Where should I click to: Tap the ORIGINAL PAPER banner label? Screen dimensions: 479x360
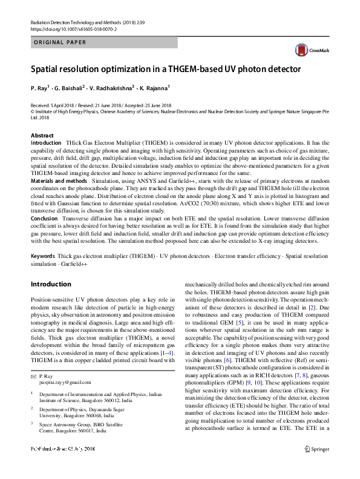pos(59,42)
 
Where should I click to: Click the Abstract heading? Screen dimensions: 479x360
pos(42,136)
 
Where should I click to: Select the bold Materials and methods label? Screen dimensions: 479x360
pos(59,180)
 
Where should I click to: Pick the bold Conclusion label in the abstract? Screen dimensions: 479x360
pos(45,219)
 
